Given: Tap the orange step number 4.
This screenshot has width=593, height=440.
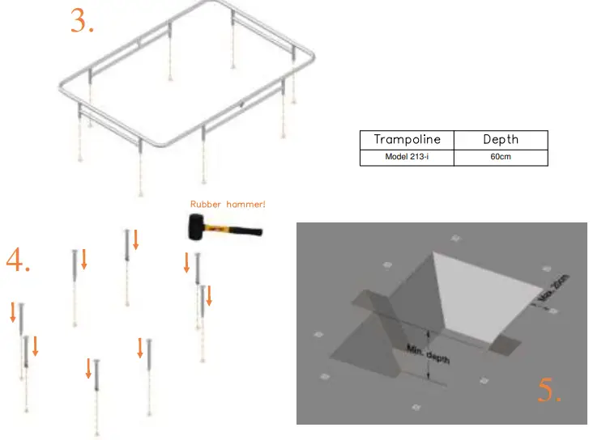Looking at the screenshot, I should pos(18,260).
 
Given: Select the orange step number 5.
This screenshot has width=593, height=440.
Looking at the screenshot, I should pos(550,391).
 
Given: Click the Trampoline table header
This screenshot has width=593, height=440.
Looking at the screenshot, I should pos(407,139).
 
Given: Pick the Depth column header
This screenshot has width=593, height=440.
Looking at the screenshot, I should pos(501,139).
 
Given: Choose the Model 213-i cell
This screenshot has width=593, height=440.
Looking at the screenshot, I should pos(407,157).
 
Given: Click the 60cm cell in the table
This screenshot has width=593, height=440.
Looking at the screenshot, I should pos(501,157).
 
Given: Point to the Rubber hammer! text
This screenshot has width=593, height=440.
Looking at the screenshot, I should pos(228,205).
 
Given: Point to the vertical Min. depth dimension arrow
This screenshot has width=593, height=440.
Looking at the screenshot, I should pos(429,356).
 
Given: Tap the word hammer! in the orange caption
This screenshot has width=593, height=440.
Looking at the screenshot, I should pos(247,205).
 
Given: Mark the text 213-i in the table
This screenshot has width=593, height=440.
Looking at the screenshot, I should pos(419,157).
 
